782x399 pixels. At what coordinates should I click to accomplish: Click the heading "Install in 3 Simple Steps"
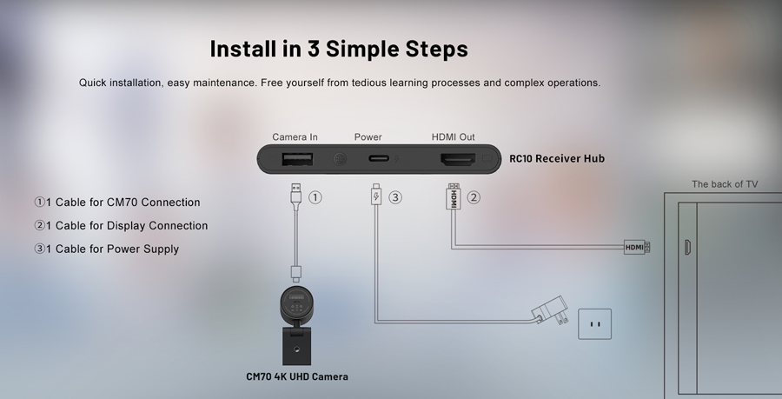(x=339, y=49)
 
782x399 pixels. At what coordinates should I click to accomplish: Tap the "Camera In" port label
(x=295, y=137)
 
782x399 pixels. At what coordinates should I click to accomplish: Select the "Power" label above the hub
(x=368, y=137)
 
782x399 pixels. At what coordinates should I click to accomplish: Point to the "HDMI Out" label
(x=454, y=137)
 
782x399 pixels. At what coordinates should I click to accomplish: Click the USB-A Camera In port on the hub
(x=296, y=159)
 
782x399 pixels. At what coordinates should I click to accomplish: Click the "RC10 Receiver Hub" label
(x=556, y=159)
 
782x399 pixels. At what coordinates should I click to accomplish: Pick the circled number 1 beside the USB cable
(x=315, y=197)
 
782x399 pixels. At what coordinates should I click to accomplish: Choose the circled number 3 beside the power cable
(x=395, y=197)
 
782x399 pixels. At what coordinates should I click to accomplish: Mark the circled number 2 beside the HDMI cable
(x=474, y=197)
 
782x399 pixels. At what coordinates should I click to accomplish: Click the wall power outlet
(x=595, y=324)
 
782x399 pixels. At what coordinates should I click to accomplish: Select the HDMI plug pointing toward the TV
(x=637, y=248)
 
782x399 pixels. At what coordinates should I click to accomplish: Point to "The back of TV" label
(x=725, y=184)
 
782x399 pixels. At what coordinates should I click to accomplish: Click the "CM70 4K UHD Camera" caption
(x=296, y=376)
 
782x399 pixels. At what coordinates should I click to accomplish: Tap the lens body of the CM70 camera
(x=296, y=304)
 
